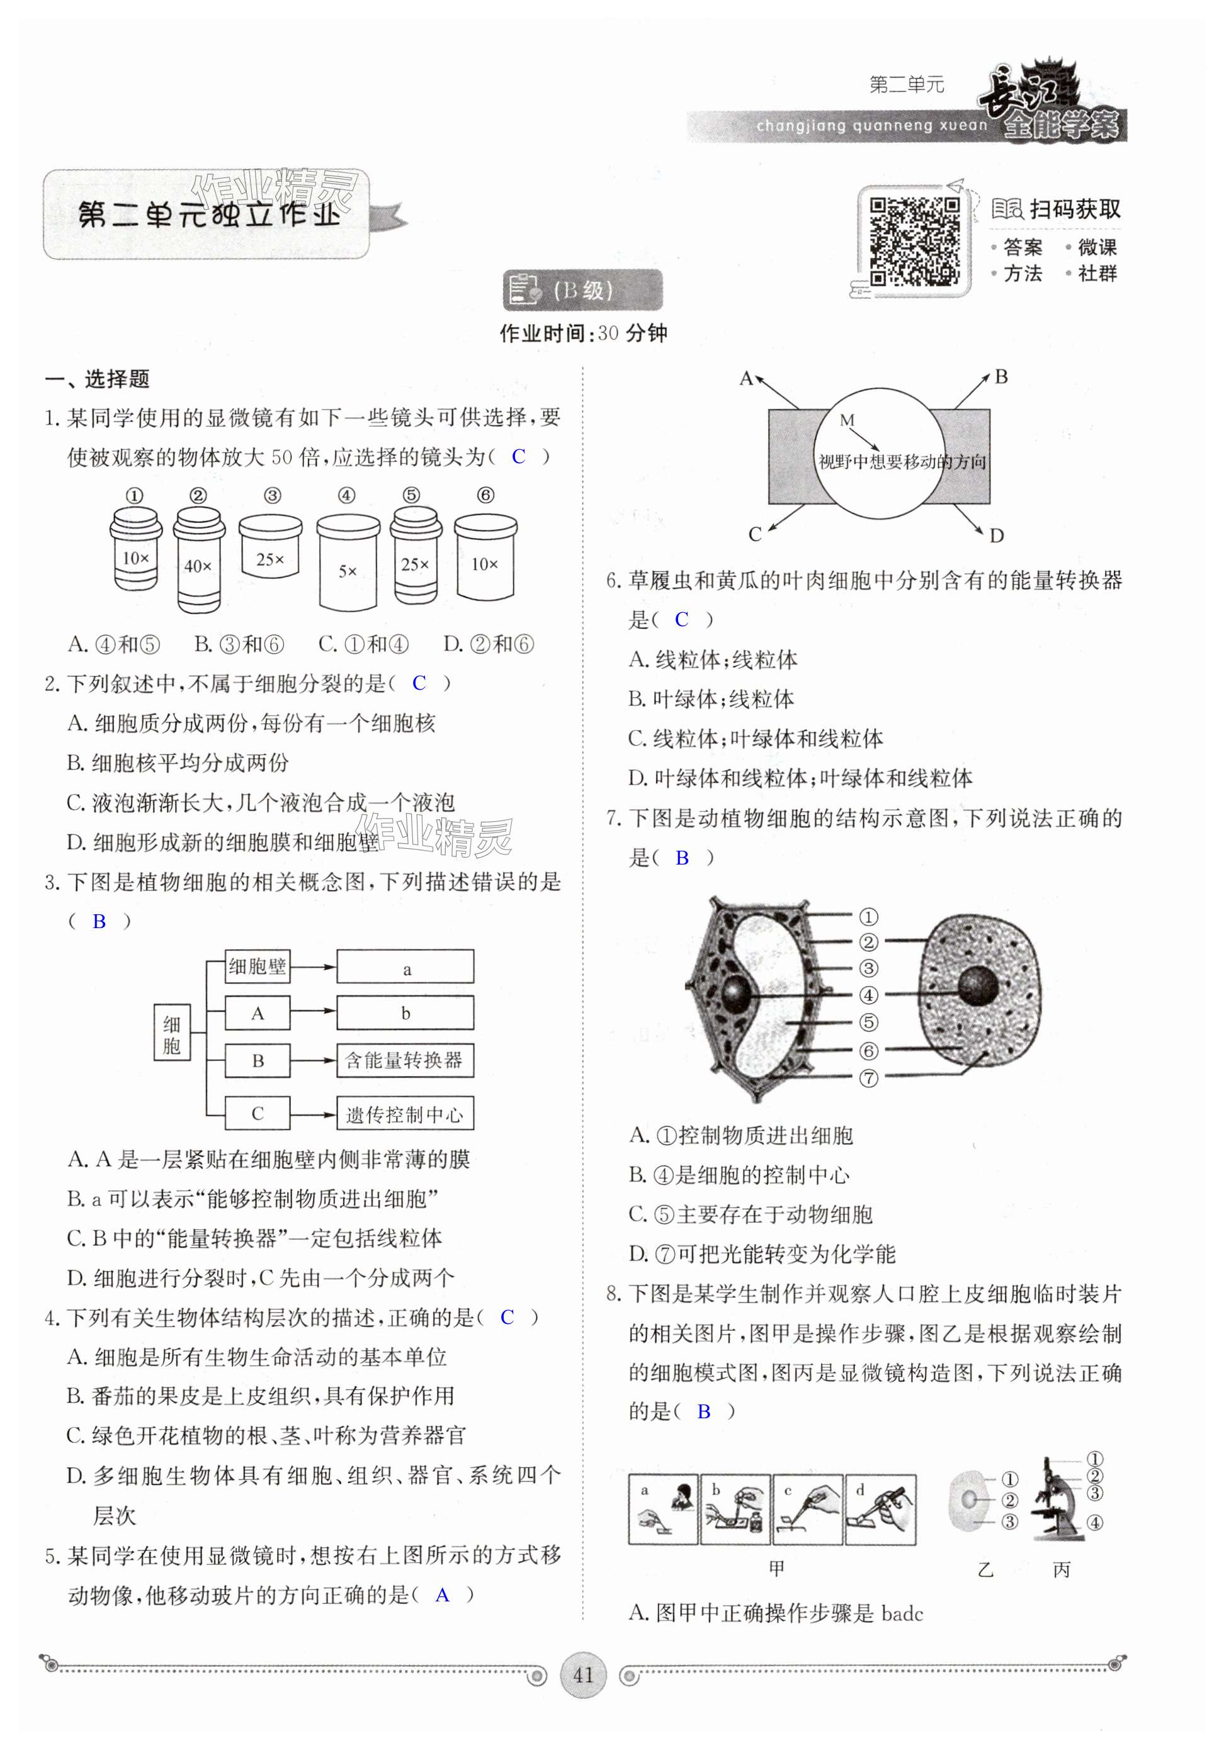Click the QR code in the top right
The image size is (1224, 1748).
(914, 240)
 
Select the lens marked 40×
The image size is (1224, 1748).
(198, 559)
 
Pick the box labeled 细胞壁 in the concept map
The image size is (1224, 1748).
(258, 967)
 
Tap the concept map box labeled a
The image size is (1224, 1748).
(405, 968)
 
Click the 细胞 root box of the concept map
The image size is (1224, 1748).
(171, 1034)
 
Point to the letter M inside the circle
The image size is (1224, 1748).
(846, 420)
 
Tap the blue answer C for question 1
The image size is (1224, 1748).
(518, 456)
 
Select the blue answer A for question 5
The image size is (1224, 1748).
(442, 1595)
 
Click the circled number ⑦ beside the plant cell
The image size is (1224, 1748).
(868, 1078)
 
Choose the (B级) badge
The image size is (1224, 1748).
(582, 290)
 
